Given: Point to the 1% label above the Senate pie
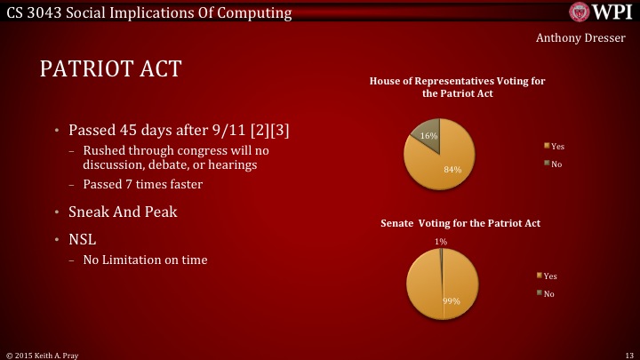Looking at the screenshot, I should coord(442,241).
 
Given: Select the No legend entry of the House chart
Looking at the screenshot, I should coord(554,164).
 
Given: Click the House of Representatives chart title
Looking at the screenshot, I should coord(458,87).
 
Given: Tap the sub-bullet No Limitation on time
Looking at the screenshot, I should coord(145,260).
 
